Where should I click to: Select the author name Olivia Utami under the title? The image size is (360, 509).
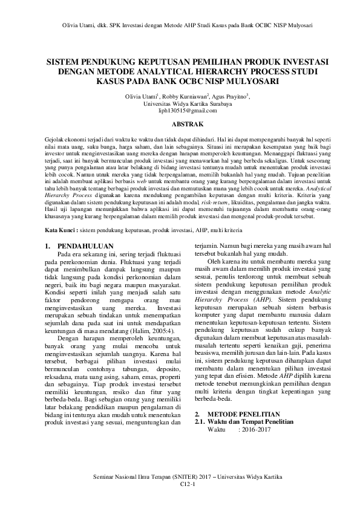pos(140,96)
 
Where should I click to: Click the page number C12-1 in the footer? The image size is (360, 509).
pos(180,484)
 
